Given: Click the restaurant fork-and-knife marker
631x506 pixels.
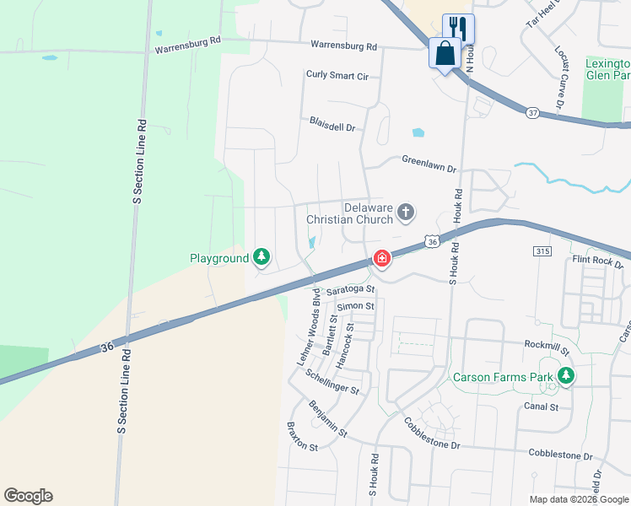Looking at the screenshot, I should [458, 27].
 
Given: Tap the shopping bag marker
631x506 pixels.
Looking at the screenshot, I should [445, 53].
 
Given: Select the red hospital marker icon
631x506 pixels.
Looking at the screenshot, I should [381, 258].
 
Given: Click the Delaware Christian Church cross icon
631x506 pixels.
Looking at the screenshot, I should [406, 212].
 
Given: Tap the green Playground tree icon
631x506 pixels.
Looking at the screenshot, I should [262, 257].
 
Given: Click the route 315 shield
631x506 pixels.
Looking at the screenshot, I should [542, 251].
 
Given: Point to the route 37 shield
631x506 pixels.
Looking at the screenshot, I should [531, 111].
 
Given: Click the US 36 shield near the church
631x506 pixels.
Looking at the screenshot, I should [432, 241].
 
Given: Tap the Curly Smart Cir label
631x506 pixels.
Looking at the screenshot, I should [337, 76].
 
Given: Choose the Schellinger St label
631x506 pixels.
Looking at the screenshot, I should [333, 382].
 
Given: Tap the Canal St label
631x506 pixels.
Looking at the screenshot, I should [542, 406].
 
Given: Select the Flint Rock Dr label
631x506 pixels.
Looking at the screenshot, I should [597, 261].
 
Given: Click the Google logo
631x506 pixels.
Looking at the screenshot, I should [28, 496].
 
